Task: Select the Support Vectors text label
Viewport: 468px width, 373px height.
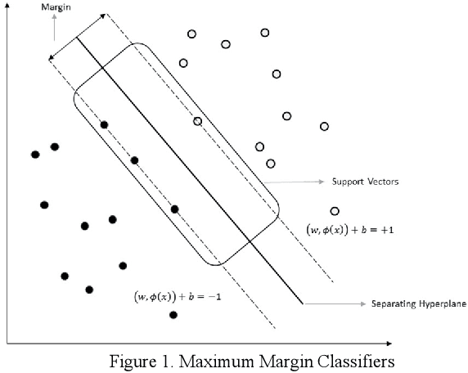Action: click(x=364, y=182)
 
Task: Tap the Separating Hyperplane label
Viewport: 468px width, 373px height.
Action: click(x=418, y=303)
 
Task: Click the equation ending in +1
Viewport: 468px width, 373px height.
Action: click(x=349, y=230)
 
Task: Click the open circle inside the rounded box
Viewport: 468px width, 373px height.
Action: click(x=197, y=121)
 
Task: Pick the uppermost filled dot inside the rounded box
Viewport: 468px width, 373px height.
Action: click(x=104, y=124)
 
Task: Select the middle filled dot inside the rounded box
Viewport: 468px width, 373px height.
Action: click(x=134, y=160)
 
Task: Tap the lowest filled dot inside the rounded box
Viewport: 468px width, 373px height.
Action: click(x=174, y=209)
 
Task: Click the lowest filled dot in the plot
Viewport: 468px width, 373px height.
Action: click(x=173, y=315)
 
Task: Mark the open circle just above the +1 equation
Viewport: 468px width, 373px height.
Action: click(x=334, y=211)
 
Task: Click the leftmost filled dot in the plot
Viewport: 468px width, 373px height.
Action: click(x=34, y=154)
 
